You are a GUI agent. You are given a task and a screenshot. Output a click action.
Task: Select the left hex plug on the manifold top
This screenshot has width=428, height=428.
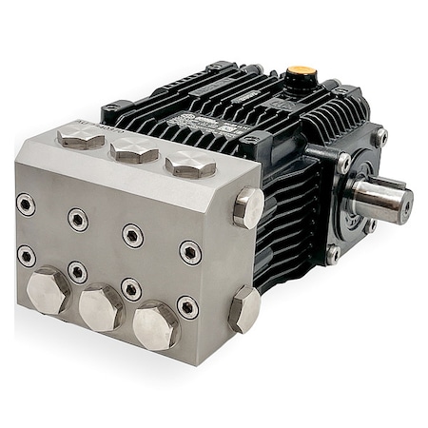81,138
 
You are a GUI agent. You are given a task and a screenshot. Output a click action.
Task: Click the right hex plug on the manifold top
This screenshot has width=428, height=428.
190,165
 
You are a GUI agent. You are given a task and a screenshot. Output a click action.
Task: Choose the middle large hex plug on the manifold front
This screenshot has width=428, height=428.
101,307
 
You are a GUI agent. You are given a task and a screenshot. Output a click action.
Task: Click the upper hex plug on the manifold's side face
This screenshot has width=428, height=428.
248,206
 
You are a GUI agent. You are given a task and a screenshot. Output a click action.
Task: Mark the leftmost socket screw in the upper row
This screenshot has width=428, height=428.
27,204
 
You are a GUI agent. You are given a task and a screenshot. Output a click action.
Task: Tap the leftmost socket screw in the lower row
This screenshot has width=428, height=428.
27,256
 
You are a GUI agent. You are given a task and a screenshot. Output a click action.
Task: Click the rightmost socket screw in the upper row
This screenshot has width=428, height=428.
190,252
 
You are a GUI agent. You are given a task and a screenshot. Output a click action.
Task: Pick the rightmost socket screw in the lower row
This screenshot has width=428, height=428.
187,306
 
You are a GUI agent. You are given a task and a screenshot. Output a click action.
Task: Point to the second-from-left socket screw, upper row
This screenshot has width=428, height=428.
77,219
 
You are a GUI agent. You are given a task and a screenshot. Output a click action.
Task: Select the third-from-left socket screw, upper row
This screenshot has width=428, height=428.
131,235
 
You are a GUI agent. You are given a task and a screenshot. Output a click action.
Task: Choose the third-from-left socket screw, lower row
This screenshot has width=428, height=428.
131,288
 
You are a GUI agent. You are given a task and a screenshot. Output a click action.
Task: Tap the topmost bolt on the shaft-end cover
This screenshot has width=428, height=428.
379,137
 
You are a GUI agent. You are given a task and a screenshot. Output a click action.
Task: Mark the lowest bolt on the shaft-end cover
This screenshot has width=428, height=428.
332,254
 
